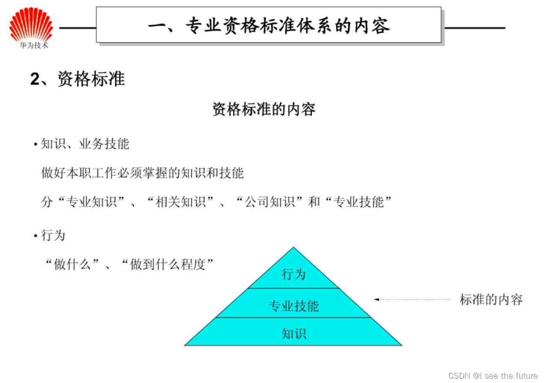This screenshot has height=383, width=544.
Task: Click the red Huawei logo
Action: click(31, 25)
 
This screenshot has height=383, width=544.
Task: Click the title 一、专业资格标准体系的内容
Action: click(268, 26)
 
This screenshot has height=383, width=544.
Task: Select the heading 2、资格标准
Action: click(78, 80)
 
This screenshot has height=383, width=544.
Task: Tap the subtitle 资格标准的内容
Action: click(264, 109)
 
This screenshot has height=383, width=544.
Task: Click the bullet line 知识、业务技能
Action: click(85, 144)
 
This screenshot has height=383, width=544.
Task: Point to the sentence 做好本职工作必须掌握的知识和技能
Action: click(143, 173)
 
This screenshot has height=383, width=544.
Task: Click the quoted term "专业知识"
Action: click(92, 202)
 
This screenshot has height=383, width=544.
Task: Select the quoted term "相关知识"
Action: click(180, 202)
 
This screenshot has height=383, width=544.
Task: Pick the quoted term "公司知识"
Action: click(270, 202)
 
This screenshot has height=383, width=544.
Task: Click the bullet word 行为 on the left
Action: click(53, 236)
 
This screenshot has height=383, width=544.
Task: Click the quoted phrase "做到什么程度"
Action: click(167, 264)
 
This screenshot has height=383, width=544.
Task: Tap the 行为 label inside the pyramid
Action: click(294, 274)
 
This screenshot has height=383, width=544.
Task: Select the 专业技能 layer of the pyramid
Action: click(294, 306)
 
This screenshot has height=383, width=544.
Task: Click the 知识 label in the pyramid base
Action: click(294, 333)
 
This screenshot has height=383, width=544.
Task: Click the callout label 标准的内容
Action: click(491, 299)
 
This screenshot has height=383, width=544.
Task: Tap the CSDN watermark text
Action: click(493, 375)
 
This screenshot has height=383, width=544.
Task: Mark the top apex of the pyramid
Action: click(294, 248)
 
